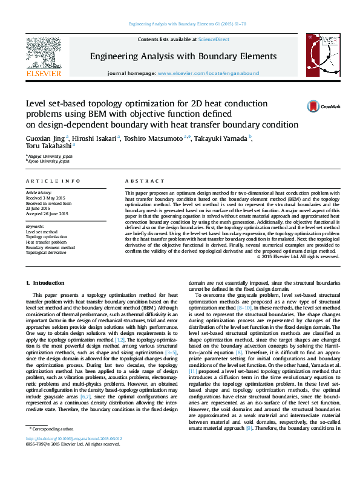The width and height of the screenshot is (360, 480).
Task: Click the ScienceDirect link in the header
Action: (x=214, y=39)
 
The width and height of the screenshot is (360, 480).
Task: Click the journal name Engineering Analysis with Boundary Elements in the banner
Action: (x=183, y=56)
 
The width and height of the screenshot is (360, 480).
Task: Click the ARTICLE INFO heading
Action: (x=53, y=181)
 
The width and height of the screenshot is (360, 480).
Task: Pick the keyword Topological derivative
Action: (x=47, y=253)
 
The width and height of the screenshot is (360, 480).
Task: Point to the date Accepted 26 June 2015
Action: (x=47, y=213)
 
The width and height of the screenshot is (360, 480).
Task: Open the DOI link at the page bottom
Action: (x=74, y=455)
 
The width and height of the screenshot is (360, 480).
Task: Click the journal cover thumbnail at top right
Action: (x=317, y=56)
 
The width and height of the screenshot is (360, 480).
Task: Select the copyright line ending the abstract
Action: (x=298, y=256)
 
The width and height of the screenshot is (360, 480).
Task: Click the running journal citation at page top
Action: (x=180, y=24)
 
